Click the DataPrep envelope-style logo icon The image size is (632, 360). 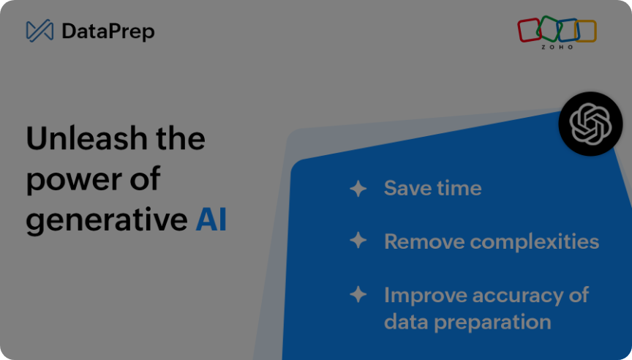click(x=39, y=31)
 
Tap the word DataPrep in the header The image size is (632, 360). click(x=108, y=32)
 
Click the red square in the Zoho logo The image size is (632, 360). click(x=529, y=30)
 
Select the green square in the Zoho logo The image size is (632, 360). click(x=549, y=29)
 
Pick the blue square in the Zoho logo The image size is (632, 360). click(x=568, y=30)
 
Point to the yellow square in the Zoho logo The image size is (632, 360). click(x=586, y=31)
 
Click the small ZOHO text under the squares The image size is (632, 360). click(x=557, y=47)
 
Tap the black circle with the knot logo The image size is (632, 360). click(x=590, y=124)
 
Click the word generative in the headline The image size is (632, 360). click(x=107, y=220)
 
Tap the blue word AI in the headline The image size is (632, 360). click(x=211, y=219)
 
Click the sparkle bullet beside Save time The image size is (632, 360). click(x=358, y=188)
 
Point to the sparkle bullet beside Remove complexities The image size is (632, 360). click(x=358, y=240)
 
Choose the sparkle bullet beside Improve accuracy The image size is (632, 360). click(x=358, y=294)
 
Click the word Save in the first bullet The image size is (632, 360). click(x=405, y=188)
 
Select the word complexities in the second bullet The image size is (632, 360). click(x=535, y=242)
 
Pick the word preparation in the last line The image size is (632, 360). click(x=492, y=323)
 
